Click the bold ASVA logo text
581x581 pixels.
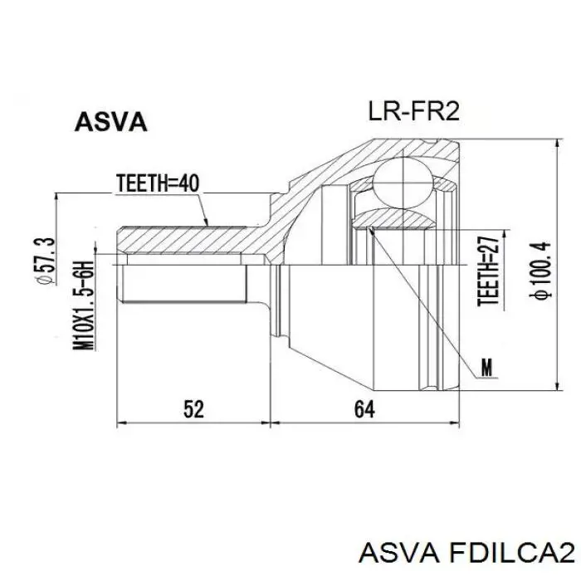[x=110, y=122]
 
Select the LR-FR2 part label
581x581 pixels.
[x=413, y=111]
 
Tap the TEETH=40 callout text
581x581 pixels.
[x=158, y=183]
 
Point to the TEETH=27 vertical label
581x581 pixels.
[x=489, y=271]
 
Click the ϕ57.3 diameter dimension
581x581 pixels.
[x=46, y=261]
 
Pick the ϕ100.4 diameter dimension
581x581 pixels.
[x=541, y=270]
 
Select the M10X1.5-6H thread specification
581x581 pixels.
[x=83, y=305]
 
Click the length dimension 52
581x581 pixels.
[x=193, y=410]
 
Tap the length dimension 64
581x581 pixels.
[x=364, y=410]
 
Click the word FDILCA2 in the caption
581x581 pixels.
[x=512, y=554]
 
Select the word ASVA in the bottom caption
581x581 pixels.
[x=399, y=554]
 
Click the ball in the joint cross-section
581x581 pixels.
[x=403, y=183]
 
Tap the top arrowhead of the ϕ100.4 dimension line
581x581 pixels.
[x=557, y=144]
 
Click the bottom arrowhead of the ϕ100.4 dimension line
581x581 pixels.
[x=557, y=386]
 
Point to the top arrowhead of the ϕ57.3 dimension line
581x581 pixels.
[x=56, y=198]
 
